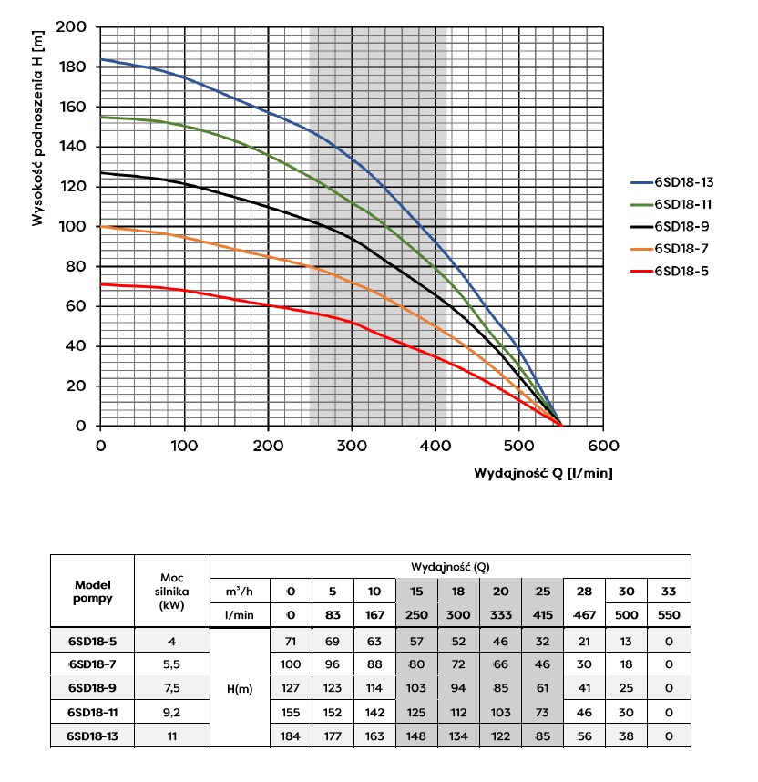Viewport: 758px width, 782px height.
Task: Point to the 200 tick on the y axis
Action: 74,27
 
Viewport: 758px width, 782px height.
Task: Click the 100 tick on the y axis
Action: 74,227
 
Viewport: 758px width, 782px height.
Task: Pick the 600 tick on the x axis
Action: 602,446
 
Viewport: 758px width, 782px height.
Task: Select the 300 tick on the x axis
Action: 352,446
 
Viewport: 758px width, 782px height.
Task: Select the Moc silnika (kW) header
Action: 171,591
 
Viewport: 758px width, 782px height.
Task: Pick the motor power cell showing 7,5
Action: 171,689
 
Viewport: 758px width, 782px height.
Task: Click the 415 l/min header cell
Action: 542,615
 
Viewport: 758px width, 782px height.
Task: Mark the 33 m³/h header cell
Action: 668,592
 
